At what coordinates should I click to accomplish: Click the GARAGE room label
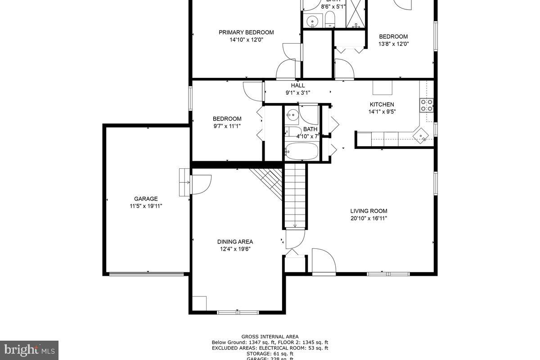[x=146, y=198]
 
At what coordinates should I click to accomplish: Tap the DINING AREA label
[x=235, y=242]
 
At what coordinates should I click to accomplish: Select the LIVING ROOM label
[x=369, y=211]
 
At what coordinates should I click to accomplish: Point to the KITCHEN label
[x=382, y=104]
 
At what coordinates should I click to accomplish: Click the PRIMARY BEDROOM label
[x=246, y=32]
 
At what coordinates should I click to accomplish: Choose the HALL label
[x=298, y=85]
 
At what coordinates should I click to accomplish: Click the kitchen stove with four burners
[x=427, y=105]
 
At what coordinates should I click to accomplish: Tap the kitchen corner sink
[x=421, y=135]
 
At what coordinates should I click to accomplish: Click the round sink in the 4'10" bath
[x=292, y=115]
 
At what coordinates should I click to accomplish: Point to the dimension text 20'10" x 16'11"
[x=369, y=218]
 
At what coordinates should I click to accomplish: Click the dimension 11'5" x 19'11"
[x=146, y=206]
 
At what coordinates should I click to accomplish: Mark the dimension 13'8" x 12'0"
[x=393, y=44]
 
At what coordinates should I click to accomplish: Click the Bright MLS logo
[x=29, y=350]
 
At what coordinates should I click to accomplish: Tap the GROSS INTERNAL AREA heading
[x=270, y=337]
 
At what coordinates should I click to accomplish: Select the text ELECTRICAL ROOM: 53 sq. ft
[x=298, y=348]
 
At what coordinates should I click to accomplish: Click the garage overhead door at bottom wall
[x=147, y=273]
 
